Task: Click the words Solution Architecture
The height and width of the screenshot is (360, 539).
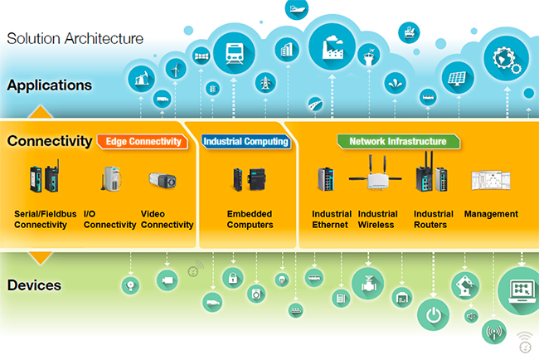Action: [x=75, y=38]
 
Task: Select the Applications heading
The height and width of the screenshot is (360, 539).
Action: [x=49, y=85]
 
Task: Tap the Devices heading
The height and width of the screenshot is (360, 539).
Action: [x=34, y=285]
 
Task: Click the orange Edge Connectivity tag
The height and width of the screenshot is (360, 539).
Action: [x=143, y=142]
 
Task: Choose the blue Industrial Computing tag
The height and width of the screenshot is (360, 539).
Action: [x=245, y=142]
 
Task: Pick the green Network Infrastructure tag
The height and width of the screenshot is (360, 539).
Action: [x=397, y=142]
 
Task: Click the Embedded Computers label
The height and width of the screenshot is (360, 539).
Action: [x=250, y=219]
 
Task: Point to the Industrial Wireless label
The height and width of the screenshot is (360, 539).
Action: [x=377, y=219]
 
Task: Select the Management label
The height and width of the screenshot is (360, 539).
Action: [x=491, y=214]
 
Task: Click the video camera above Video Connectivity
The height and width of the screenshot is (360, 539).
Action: [x=161, y=178]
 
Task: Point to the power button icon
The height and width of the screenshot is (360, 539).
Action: [x=432, y=315]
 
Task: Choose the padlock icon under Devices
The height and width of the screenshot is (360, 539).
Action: [x=233, y=278]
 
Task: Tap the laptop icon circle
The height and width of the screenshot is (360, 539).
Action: [x=520, y=290]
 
